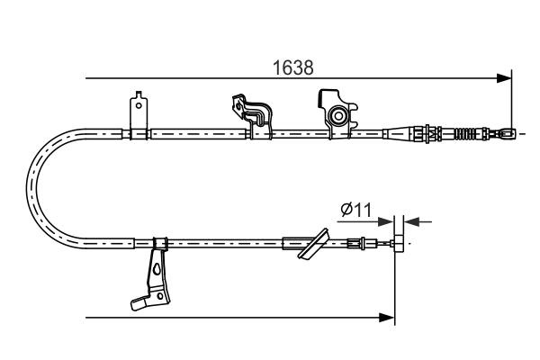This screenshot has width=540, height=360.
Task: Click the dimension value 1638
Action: pos(294,67)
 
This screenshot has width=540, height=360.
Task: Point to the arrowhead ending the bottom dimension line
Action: pos(389,317)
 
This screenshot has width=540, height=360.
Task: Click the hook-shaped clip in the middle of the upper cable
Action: pos(254,112)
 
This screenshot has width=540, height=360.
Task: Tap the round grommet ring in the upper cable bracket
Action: pos(338,115)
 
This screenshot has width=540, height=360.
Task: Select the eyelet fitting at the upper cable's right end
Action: pos(509,134)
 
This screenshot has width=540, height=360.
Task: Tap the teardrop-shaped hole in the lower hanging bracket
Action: pos(158,268)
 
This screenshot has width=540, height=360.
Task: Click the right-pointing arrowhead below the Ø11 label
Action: pos(388,220)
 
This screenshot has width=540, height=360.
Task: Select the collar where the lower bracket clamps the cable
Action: pos(160,242)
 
